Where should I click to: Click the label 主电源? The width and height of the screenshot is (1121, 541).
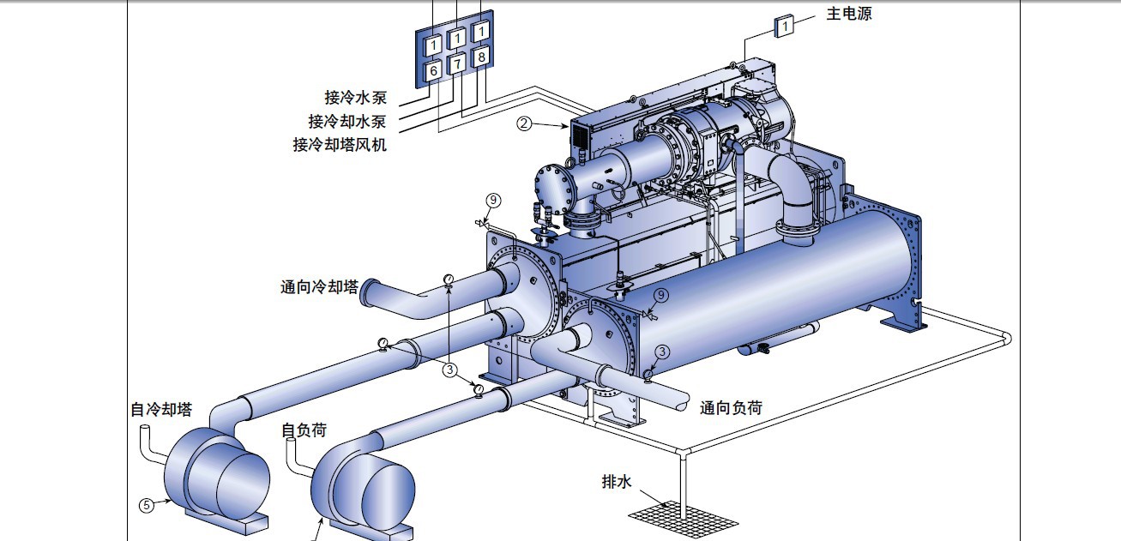[x=849, y=14]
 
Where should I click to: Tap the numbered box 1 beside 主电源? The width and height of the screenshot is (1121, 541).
[x=784, y=26]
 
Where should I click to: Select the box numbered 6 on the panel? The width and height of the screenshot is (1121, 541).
[x=433, y=70]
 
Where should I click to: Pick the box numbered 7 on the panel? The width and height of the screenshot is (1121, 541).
[x=457, y=64]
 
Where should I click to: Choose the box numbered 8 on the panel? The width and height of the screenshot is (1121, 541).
[x=481, y=57]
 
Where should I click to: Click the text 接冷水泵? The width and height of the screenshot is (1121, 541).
[x=355, y=97]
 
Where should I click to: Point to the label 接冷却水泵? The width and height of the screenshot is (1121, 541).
[x=347, y=121]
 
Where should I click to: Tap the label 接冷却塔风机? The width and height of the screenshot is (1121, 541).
[x=340, y=145]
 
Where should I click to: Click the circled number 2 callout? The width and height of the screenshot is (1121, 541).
[x=523, y=123]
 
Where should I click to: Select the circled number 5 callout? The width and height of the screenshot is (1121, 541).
[x=146, y=506]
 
